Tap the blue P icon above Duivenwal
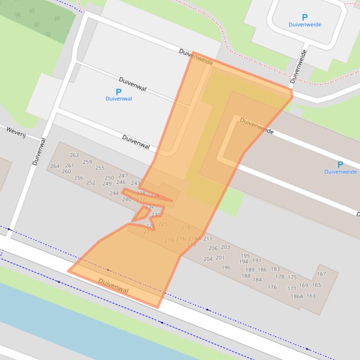[x=118, y=92]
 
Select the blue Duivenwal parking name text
[x=118, y=99]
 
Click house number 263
[x=74, y=156]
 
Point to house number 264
[x=55, y=166]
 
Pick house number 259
[x=87, y=162]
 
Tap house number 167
[x=321, y=274]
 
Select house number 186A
[x=297, y=296]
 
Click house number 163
[x=311, y=296]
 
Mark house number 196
[x=226, y=268]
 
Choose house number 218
[x=186, y=228]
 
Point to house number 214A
[x=194, y=239]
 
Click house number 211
[x=207, y=239]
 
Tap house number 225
[x=162, y=224]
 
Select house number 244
[x=114, y=194]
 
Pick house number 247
[x=123, y=176]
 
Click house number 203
[x=226, y=247]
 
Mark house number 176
[x=272, y=288]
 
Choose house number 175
[x=292, y=278]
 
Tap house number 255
[x=100, y=168]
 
